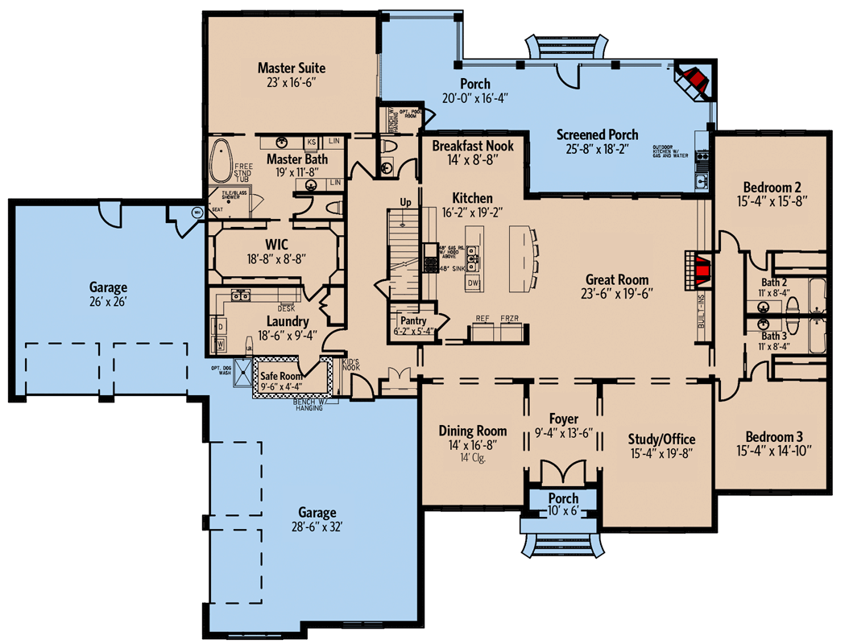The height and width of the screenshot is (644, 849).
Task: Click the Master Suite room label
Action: (291, 68)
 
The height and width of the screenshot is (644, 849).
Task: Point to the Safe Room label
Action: (280, 374)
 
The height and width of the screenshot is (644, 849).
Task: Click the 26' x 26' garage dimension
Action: (108, 302)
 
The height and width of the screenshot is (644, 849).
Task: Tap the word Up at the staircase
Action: (405, 201)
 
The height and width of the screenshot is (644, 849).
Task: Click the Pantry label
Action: (412, 320)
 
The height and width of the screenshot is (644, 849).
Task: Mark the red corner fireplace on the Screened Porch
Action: (692, 79)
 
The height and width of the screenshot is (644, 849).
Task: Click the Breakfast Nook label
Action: (472, 147)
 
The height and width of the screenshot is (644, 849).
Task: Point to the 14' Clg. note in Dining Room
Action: (472, 458)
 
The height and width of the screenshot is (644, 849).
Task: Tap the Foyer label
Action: (564, 419)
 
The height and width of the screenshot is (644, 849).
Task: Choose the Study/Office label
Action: (661, 439)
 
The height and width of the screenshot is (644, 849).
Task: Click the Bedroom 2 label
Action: (772, 182)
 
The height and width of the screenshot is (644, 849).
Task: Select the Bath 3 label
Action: (774, 335)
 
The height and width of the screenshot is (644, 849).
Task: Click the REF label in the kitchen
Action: (483, 319)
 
